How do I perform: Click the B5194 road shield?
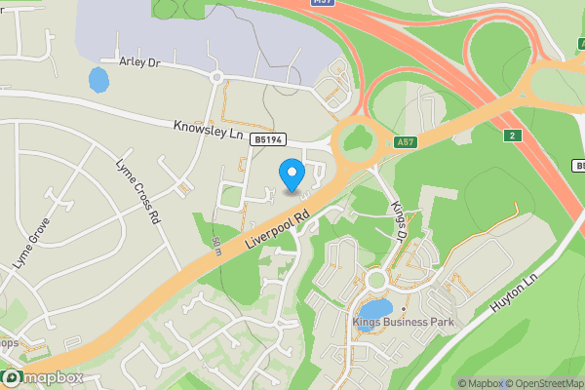270,141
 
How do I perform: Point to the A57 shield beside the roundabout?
407,142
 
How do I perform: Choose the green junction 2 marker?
514,135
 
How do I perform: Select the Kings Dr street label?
399,220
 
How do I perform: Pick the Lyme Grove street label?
31,244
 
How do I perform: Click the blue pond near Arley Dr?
98,79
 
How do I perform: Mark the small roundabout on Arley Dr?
217,77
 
